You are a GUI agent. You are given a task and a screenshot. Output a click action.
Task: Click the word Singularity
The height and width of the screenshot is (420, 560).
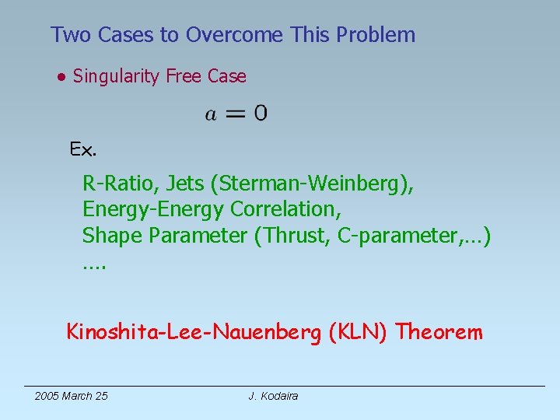coord(116,76)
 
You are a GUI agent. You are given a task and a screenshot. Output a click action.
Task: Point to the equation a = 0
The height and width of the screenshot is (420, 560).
coord(236,114)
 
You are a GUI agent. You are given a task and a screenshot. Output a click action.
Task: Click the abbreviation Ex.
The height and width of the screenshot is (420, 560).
coord(83,149)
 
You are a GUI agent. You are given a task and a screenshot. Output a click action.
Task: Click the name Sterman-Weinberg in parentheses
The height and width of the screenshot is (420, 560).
coord(316,184)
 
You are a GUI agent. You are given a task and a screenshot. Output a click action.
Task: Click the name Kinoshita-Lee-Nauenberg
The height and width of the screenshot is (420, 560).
coord(194,333)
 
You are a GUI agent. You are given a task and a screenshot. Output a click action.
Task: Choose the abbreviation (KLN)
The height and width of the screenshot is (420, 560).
coord(359,333)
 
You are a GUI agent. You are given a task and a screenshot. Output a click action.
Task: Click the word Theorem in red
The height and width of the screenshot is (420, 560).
coord(439,333)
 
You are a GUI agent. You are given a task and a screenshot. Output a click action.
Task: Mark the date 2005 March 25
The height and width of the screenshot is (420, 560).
coord(72,396)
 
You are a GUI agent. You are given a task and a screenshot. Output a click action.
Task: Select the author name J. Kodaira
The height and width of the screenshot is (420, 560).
coord(273,396)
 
